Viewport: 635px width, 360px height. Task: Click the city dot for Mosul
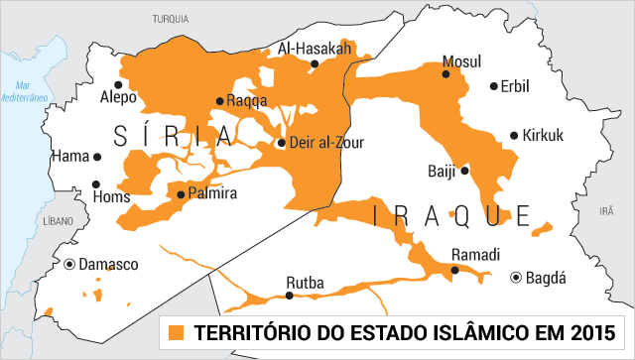click(x=446, y=73)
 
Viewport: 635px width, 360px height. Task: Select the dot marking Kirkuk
click(x=514, y=136)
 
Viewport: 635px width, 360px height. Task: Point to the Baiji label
click(x=442, y=171)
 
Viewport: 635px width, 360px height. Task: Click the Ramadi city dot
click(x=455, y=269)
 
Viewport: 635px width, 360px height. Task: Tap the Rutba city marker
click(x=292, y=297)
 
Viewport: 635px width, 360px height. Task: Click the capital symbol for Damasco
click(x=69, y=265)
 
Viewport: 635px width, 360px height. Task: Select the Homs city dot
click(x=96, y=183)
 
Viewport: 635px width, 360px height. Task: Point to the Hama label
click(x=70, y=157)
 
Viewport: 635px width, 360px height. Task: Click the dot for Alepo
click(x=119, y=84)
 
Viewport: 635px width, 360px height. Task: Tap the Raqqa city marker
click(x=220, y=101)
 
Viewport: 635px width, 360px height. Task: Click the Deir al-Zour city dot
click(x=282, y=143)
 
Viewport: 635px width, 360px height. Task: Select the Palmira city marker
click(x=180, y=194)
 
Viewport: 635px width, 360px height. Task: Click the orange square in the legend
click(x=177, y=330)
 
